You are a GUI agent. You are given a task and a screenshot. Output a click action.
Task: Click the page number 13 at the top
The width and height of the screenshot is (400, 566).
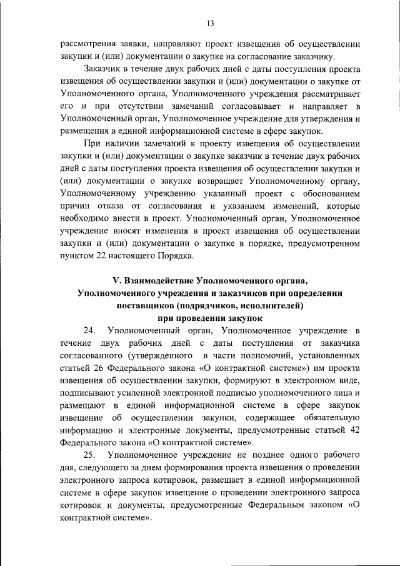(x=209, y=24)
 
